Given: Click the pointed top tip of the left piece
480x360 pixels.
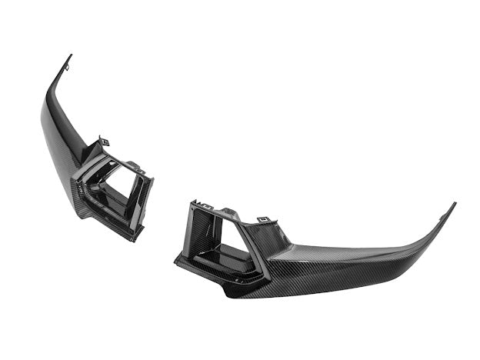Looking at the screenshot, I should [71, 55].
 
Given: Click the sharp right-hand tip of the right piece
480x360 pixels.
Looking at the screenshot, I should [455, 204].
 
